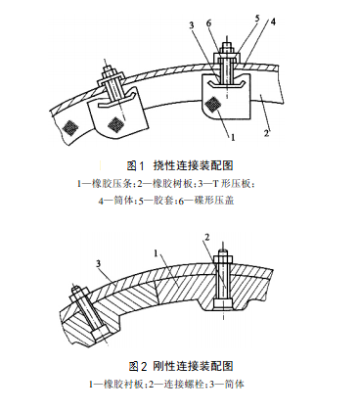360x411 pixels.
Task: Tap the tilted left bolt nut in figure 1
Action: click(108, 70)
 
